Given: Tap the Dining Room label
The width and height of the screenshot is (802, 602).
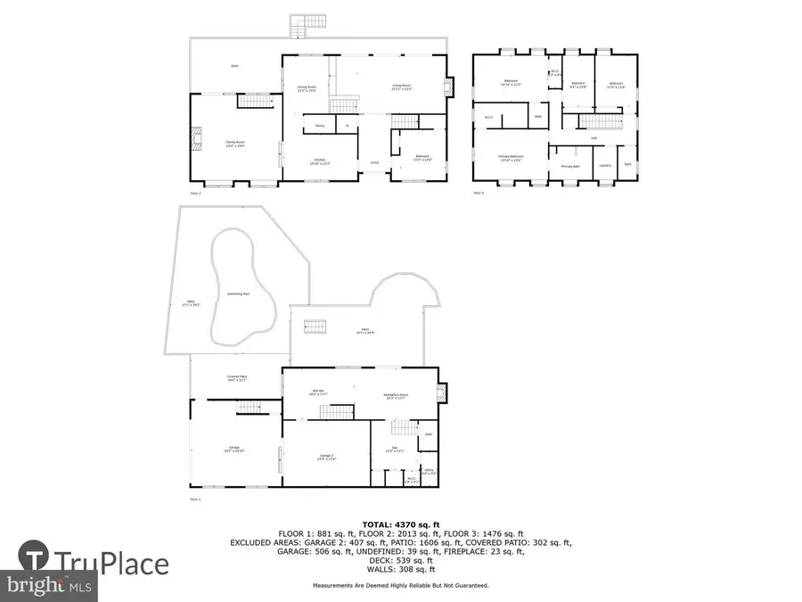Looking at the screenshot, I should tap(307, 88).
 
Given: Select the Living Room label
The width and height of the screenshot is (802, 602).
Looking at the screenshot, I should tap(403, 87).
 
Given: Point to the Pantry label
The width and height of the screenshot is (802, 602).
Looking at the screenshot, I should tap(318, 127).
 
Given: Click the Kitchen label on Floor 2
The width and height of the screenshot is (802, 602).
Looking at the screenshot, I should tap(319, 161).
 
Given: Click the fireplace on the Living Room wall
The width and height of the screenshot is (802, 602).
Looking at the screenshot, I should tap(448, 87).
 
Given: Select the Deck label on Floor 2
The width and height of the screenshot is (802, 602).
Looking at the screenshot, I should tap(234, 66).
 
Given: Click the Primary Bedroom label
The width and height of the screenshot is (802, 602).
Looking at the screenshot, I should tap(511, 158).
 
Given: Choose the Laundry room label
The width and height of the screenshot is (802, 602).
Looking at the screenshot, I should tap(605, 165).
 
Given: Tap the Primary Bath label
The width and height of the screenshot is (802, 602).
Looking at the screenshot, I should tap(570, 166).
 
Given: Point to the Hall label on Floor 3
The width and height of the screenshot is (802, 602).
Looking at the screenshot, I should tap(594, 137).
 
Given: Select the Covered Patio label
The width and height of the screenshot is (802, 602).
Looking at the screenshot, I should tap(236, 379).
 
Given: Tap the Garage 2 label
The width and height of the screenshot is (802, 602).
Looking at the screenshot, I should tap(326, 457).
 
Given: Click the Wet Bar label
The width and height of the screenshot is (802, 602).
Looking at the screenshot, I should tap(319, 393).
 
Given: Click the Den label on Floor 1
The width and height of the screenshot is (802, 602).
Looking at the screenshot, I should tap(394, 449).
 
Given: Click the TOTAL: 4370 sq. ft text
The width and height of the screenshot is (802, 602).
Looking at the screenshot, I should tap(400, 524).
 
